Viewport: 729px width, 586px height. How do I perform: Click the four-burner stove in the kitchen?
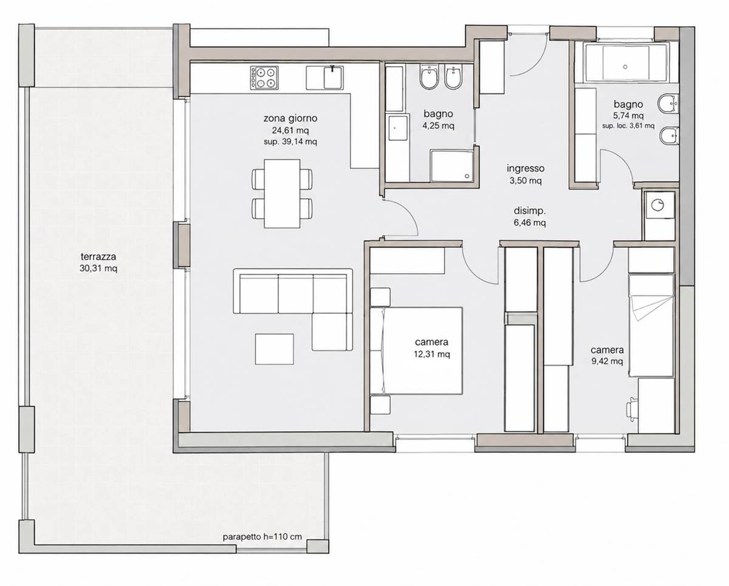click(x=264, y=78)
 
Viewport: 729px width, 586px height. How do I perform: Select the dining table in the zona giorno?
click(x=282, y=194)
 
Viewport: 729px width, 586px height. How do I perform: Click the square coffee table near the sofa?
click(x=275, y=349)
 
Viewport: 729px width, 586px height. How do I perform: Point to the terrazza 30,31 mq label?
click(x=98, y=262)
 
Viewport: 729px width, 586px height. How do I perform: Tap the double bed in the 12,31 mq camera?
click(x=417, y=350)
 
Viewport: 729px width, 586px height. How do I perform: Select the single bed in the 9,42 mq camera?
click(x=651, y=325)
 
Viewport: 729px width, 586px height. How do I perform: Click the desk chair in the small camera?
click(x=632, y=409)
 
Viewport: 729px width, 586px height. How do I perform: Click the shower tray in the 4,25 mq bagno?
click(x=452, y=166)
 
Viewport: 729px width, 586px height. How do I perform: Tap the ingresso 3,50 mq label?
click(x=525, y=174)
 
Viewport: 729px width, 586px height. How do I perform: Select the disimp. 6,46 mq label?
click(x=530, y=217)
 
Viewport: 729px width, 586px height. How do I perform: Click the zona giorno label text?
click(x=290, y=118)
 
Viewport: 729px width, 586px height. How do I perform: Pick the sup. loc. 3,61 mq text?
click(x=628, y=126)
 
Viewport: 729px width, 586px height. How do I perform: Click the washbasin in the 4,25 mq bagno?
click(x=398, y=128)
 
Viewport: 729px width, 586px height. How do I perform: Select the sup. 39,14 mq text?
click(x=290, y=141)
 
